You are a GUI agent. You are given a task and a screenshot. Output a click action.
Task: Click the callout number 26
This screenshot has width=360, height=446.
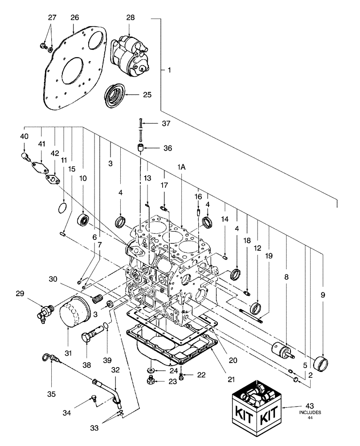(x=74, y=17)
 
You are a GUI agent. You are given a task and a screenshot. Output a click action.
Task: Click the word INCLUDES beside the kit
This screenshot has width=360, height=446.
(x=311, y=413)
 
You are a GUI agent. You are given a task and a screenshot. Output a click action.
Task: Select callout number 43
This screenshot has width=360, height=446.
(x=311, y=406)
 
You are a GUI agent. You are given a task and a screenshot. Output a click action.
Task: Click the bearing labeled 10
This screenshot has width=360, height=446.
(x=84, y=220)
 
